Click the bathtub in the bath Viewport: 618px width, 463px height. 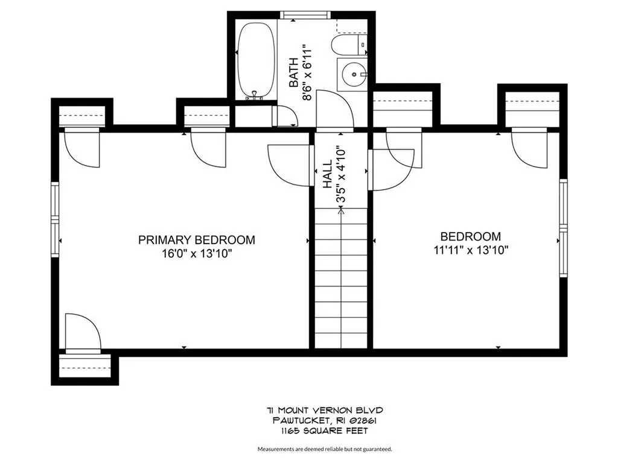[256, 60]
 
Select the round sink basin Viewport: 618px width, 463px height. [353, 74]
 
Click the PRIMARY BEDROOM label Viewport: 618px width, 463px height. [196, 240]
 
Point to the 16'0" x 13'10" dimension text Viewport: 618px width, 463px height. [196, 254]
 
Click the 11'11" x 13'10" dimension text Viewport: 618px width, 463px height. [471, 250]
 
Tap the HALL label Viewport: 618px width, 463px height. [328, 174]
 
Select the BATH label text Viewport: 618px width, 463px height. [294, 72]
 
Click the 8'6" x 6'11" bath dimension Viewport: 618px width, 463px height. [307, 72]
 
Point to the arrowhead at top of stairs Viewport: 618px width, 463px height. [341, 211]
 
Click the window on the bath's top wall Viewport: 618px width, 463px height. [305, 15]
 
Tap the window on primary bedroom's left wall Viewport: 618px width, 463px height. [55, 219]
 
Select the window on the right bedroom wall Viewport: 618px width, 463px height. [563, 228]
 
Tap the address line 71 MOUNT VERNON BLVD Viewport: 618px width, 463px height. [324, 411]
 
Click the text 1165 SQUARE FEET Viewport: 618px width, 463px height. [324, 431]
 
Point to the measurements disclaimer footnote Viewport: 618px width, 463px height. [325, 449]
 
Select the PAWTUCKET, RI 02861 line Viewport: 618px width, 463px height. [324, 421]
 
